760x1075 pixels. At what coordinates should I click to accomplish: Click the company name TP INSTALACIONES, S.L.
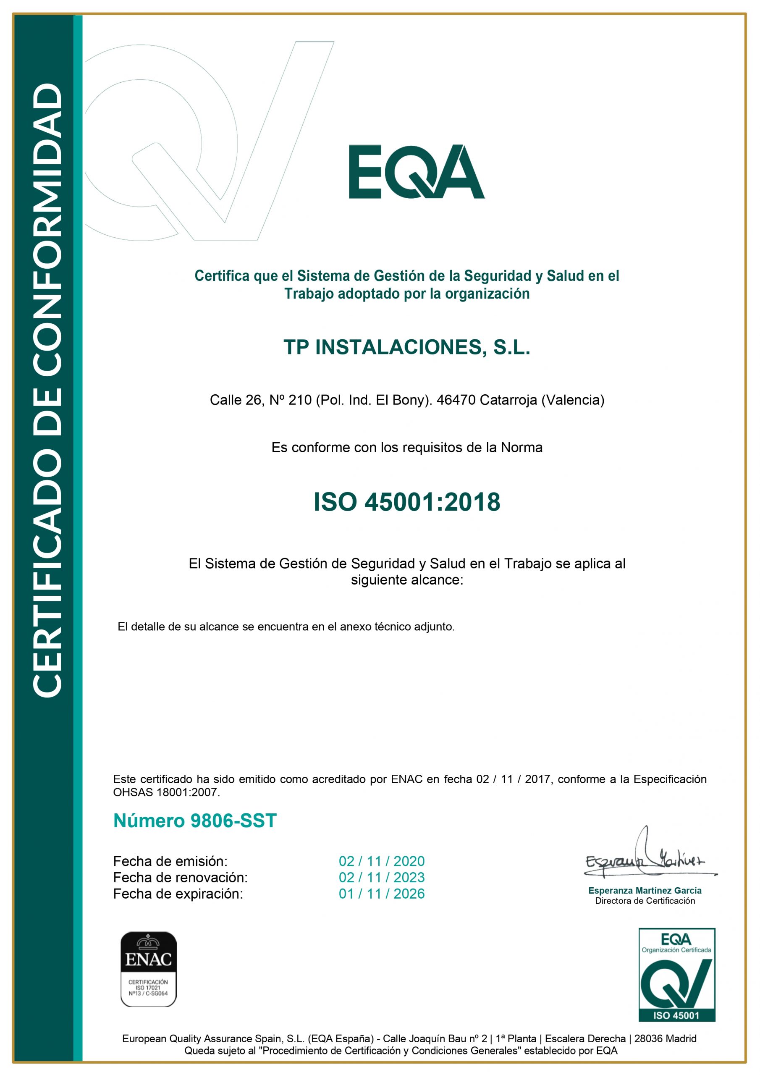pos(406,347)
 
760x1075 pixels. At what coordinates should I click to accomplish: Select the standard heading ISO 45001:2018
pos(406,501)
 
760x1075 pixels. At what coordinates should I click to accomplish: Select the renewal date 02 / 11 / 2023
pos(381,877)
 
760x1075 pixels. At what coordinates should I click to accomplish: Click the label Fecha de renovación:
pos(180,877)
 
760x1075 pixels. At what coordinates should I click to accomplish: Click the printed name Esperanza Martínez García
pos(645,891)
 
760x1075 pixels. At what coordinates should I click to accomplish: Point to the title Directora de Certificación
pos(645,901)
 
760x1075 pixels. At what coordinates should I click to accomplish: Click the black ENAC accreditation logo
pos(149,969)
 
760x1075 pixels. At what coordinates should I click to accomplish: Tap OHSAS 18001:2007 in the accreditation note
pos(166,792)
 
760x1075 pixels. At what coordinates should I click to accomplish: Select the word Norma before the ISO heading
pos(521,448)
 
